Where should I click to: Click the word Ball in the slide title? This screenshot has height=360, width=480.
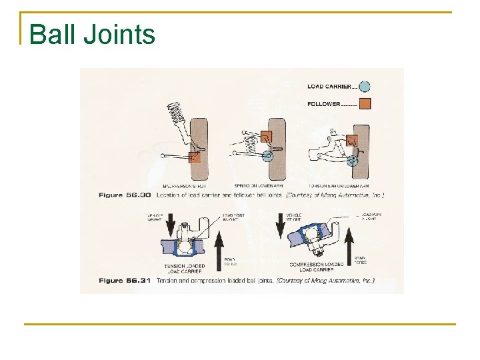(x=53, y=34)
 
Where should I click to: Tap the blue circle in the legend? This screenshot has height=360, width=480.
(x=364, y=87)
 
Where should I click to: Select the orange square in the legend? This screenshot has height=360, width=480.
(x=364, y=103)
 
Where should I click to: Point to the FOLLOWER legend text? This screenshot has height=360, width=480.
(x=324, y=104)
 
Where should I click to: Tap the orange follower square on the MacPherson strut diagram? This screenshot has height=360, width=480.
(x=194, y=157)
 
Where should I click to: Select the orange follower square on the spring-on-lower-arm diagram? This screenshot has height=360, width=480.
(x=266, y=137)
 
